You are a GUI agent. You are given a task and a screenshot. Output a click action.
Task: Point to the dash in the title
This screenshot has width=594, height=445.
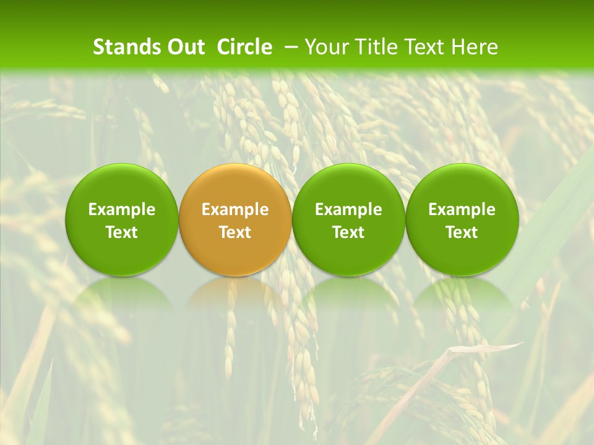point(289,47)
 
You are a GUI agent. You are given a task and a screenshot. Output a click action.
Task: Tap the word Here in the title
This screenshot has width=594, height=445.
point(474,47)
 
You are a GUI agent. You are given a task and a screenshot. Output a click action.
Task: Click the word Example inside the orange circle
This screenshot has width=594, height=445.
point(235,210)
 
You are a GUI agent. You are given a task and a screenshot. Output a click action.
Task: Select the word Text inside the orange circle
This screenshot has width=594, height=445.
point(235,232)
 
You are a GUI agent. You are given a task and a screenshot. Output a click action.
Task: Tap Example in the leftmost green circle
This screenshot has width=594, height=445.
point(122,210)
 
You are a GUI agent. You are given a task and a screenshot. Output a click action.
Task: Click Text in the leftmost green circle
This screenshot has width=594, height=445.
point(122,232)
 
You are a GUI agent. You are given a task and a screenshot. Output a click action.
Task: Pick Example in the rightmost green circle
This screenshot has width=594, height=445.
point(462,210)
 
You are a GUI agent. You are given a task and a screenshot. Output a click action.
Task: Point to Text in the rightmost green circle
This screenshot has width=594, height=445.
point(462,232)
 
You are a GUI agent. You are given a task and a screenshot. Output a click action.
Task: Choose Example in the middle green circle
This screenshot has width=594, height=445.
point(348,210)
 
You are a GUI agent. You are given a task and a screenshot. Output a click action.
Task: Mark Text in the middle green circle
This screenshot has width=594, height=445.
point(348,232)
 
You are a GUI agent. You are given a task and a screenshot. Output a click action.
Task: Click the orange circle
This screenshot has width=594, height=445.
point(235,185)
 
